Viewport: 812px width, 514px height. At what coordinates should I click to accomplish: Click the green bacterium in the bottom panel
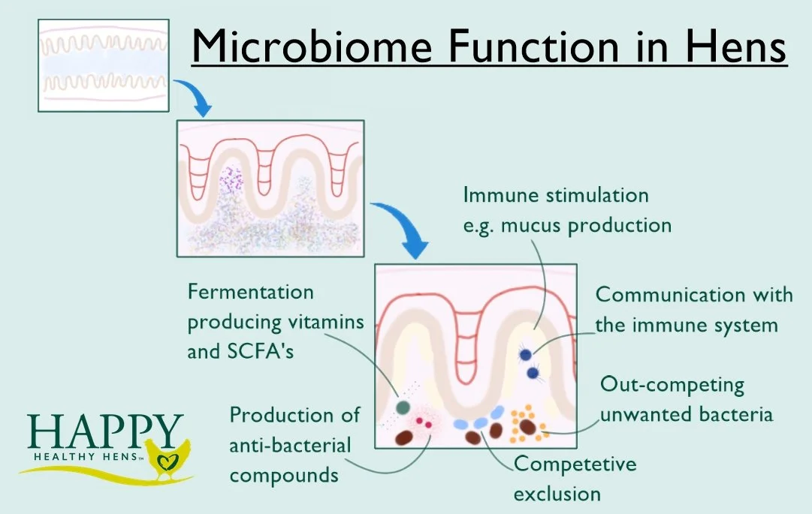(x=403, y=407)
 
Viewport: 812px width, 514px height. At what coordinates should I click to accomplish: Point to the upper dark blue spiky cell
(x=527, y=354)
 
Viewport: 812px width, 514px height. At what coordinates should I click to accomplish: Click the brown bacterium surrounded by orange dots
(x=527, y=427)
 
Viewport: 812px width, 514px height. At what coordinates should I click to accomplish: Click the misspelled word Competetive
(x=575, y=464)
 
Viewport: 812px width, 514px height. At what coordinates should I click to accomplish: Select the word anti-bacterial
(x=290, y=445)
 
